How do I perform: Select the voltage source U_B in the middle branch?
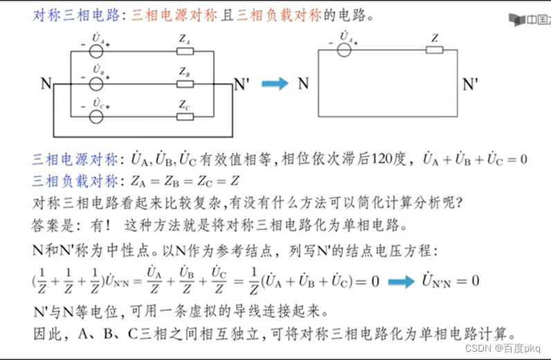(x=97, y=83)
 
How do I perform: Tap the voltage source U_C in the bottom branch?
(x=97, y=116)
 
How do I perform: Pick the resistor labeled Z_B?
(x=185, y=83)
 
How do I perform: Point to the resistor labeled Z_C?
(x=185, y=116)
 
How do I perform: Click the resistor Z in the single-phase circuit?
(x=434, y=49)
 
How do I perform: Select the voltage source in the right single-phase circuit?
(x=343, y=49)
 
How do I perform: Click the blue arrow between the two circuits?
(x=275, y=84)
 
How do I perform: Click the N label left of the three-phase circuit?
(x=46, y=84)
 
